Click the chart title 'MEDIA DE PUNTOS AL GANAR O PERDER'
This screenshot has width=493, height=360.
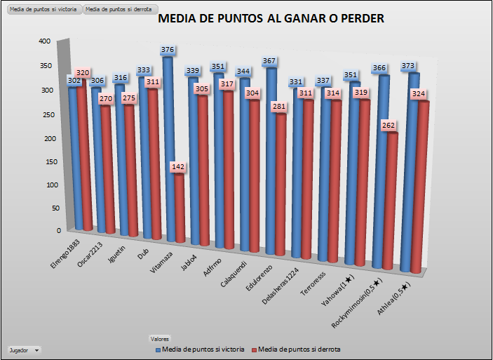[271, 19]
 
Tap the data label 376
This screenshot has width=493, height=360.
[168, 50]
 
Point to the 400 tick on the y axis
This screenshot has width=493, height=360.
[44, 41]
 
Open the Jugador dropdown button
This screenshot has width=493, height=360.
[24, 349]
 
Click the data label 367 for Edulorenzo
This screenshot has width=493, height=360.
[270, 61]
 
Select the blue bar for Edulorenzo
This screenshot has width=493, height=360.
[271, 161]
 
